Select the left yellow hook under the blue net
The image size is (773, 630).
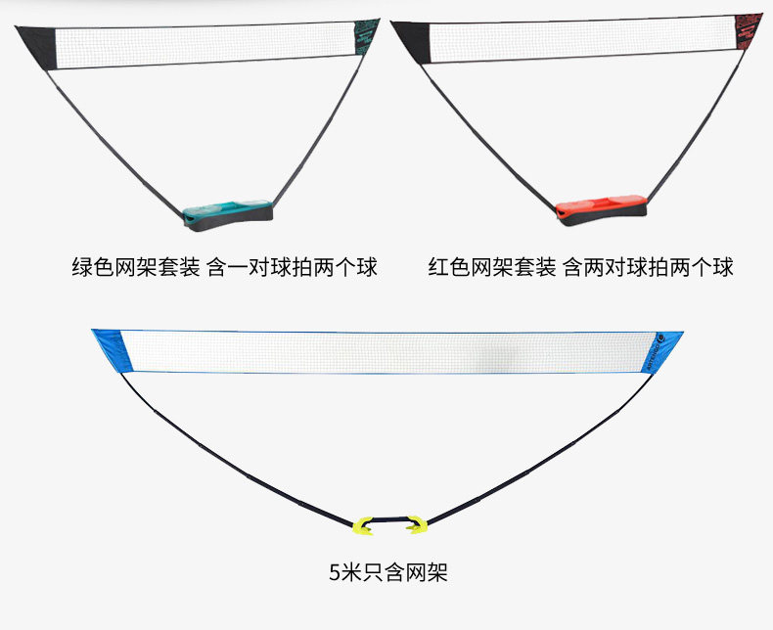pos(363,524)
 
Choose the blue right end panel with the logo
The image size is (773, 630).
pos(669,352)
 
